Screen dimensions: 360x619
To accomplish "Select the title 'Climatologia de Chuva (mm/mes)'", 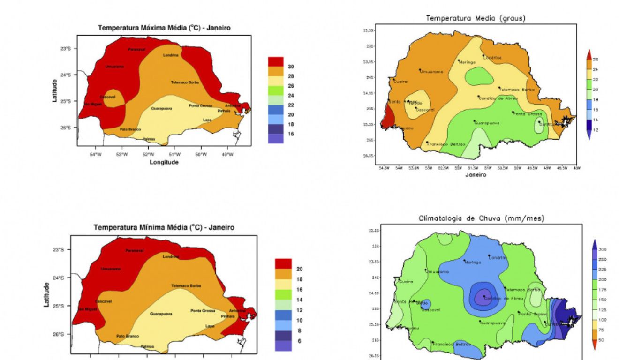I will tap(481, 218).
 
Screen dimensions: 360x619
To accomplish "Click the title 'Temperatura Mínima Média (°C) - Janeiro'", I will tap(164, 227).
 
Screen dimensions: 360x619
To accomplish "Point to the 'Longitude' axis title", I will tap(164, 162).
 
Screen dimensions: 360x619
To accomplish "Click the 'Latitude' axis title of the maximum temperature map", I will tap(55, 90).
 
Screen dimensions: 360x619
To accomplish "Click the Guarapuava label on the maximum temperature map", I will tap(161, 109).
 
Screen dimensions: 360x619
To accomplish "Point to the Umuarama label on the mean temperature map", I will tap(432, 72).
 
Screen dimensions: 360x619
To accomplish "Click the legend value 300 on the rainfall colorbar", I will tap(603, 249).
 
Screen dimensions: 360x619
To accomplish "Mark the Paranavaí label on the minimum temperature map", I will tap(135, 250).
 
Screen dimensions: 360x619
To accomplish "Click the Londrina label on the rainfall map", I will tap(498, 257).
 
